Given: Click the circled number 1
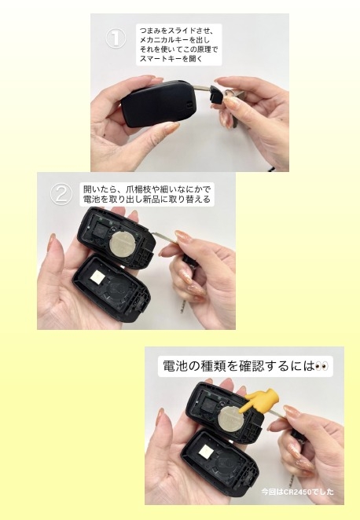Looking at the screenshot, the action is pyautogui.click(x=116, y=38).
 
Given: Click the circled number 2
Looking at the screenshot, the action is pyautogui.click(x=61, y=194).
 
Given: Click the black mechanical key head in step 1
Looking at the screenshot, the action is pyautogui.click(x=217, y=94).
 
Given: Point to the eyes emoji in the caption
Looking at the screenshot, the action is pyautogui.click(x=321, y=366).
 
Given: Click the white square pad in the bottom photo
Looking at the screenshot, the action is pyautogui.click(x=207, y=451).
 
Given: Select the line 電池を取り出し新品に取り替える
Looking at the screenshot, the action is pyautogui.click(x=147, y=200).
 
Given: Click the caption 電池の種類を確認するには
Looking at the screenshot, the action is pyautogui.click(x=239, y=366).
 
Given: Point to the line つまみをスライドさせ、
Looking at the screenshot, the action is pyautogui.click(x=176, y=31).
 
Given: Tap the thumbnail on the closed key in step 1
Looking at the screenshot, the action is pyautogui.click(x=173, y=126).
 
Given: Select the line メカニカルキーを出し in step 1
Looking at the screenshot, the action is pyautogui.click(x=174, y=41).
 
